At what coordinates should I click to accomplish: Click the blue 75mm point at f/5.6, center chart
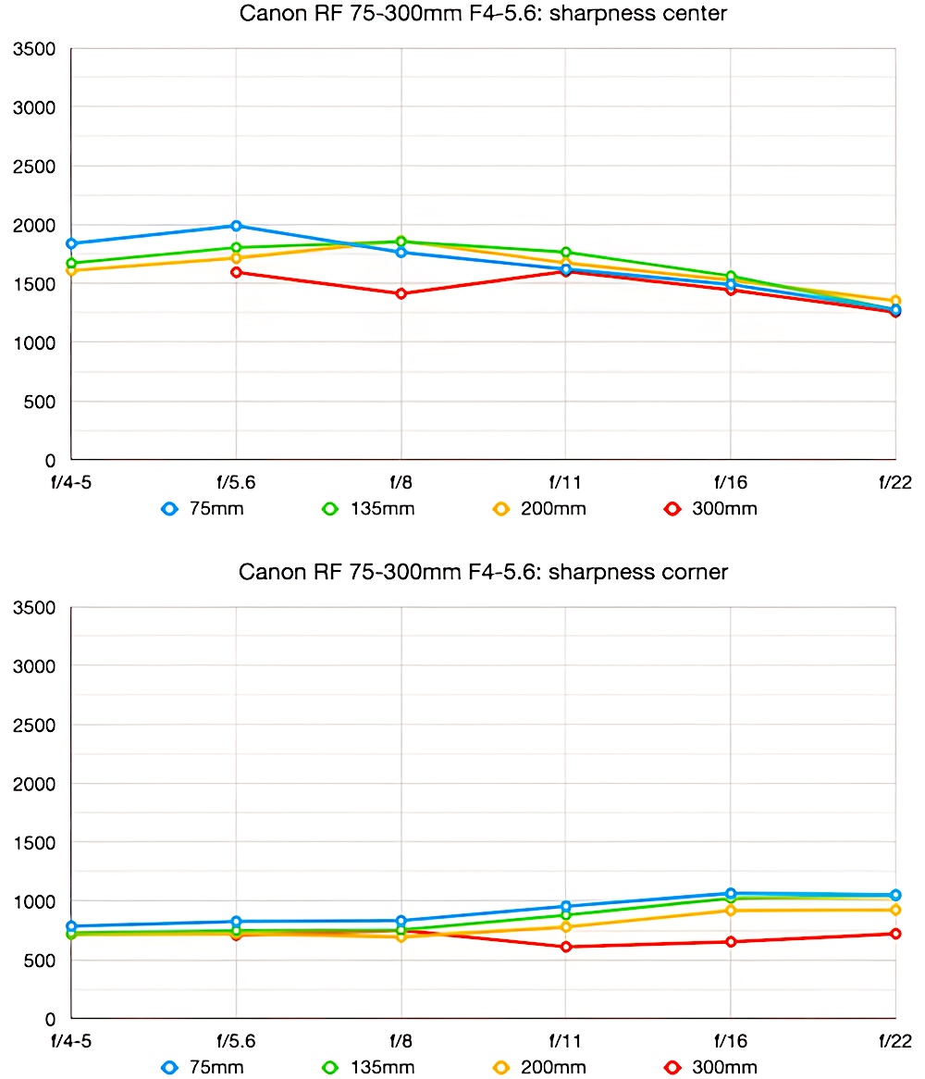(236, 226)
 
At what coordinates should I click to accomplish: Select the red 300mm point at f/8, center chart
(401, 293)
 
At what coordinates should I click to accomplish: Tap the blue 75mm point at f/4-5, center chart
(71, 243)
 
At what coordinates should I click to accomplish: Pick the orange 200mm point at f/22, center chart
(895, 301)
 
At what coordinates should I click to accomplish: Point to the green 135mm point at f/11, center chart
(565, 253)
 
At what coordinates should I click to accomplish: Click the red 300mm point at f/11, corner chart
(565, 947)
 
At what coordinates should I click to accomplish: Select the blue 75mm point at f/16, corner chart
(731, 894)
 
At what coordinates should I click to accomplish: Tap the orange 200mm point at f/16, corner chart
(731, 911)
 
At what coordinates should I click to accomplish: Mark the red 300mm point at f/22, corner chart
(895, 934)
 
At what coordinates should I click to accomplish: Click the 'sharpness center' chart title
(483, 14)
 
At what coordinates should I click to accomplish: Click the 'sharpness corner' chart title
(483, 572)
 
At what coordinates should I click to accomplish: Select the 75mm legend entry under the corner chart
(203, 1067)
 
